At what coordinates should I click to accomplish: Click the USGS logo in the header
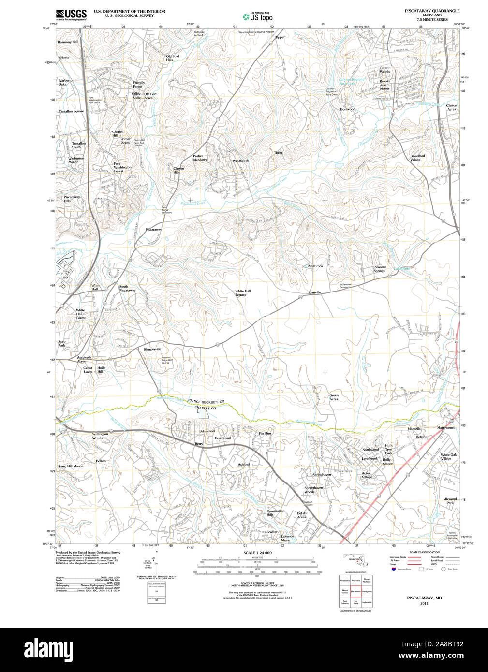pyautogui.click(x=71, y=15)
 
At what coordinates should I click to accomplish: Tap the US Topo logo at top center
pyautogui.click(x=257, y=16)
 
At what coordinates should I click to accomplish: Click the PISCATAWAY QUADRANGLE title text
pyautogui.click(x=432, y=11)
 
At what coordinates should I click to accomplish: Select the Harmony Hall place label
pyautogui.click(x=68, y=42)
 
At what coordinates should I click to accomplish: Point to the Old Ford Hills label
pyautogui.click(x=173, y=58)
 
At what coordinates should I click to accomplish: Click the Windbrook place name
pyautogui.click(x=240, y=161)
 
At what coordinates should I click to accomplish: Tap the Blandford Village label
pyautogui.click(x=417, y=158)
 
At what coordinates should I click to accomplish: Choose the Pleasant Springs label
pyautogui.click(x=380, y=269)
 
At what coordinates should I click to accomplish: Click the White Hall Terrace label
pyautogui.click(x=243, y=293)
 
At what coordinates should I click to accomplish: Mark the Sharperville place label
pyautogui.click(x=152, y=349)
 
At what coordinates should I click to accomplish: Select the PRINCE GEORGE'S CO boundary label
pyautogui.click(x=207, y=402)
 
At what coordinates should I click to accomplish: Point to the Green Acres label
pyautogui.click(x=334, y=397)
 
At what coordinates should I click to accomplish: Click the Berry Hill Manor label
pyautogui.click(x=71, y=467)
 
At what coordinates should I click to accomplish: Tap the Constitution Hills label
pyautogui.click(x=276, y=513)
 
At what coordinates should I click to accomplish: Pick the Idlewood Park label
pyautogui.click(x=450, y=501)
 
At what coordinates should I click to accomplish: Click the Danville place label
pyautogui.click(x=315, y=292)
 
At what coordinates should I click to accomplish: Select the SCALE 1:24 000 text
pyautogui.click(x=257, y=553)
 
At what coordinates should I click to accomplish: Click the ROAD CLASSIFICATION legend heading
pyautogui.click(x=424, y=552)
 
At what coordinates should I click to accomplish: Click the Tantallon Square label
pyautogui.click(x=72, y=111)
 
